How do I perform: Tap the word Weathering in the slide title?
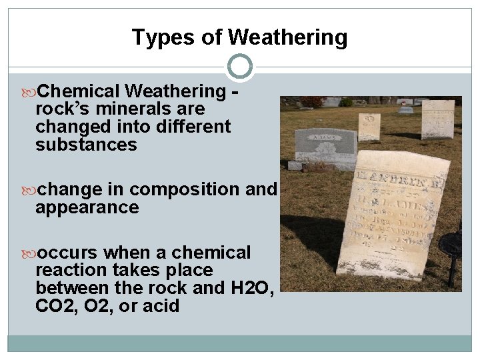pyautogui.click(x=288, y=38)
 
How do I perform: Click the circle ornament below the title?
pyautogui.click(x=240, y=67)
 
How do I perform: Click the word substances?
pyautogui.click(x=86, y=144)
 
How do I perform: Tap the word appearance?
pyautogui.click(x=87, y=207)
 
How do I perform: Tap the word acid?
pyautogui.click(x=163, y=306)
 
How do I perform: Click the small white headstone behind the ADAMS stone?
pyautogui.click(x=369, y=126)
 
